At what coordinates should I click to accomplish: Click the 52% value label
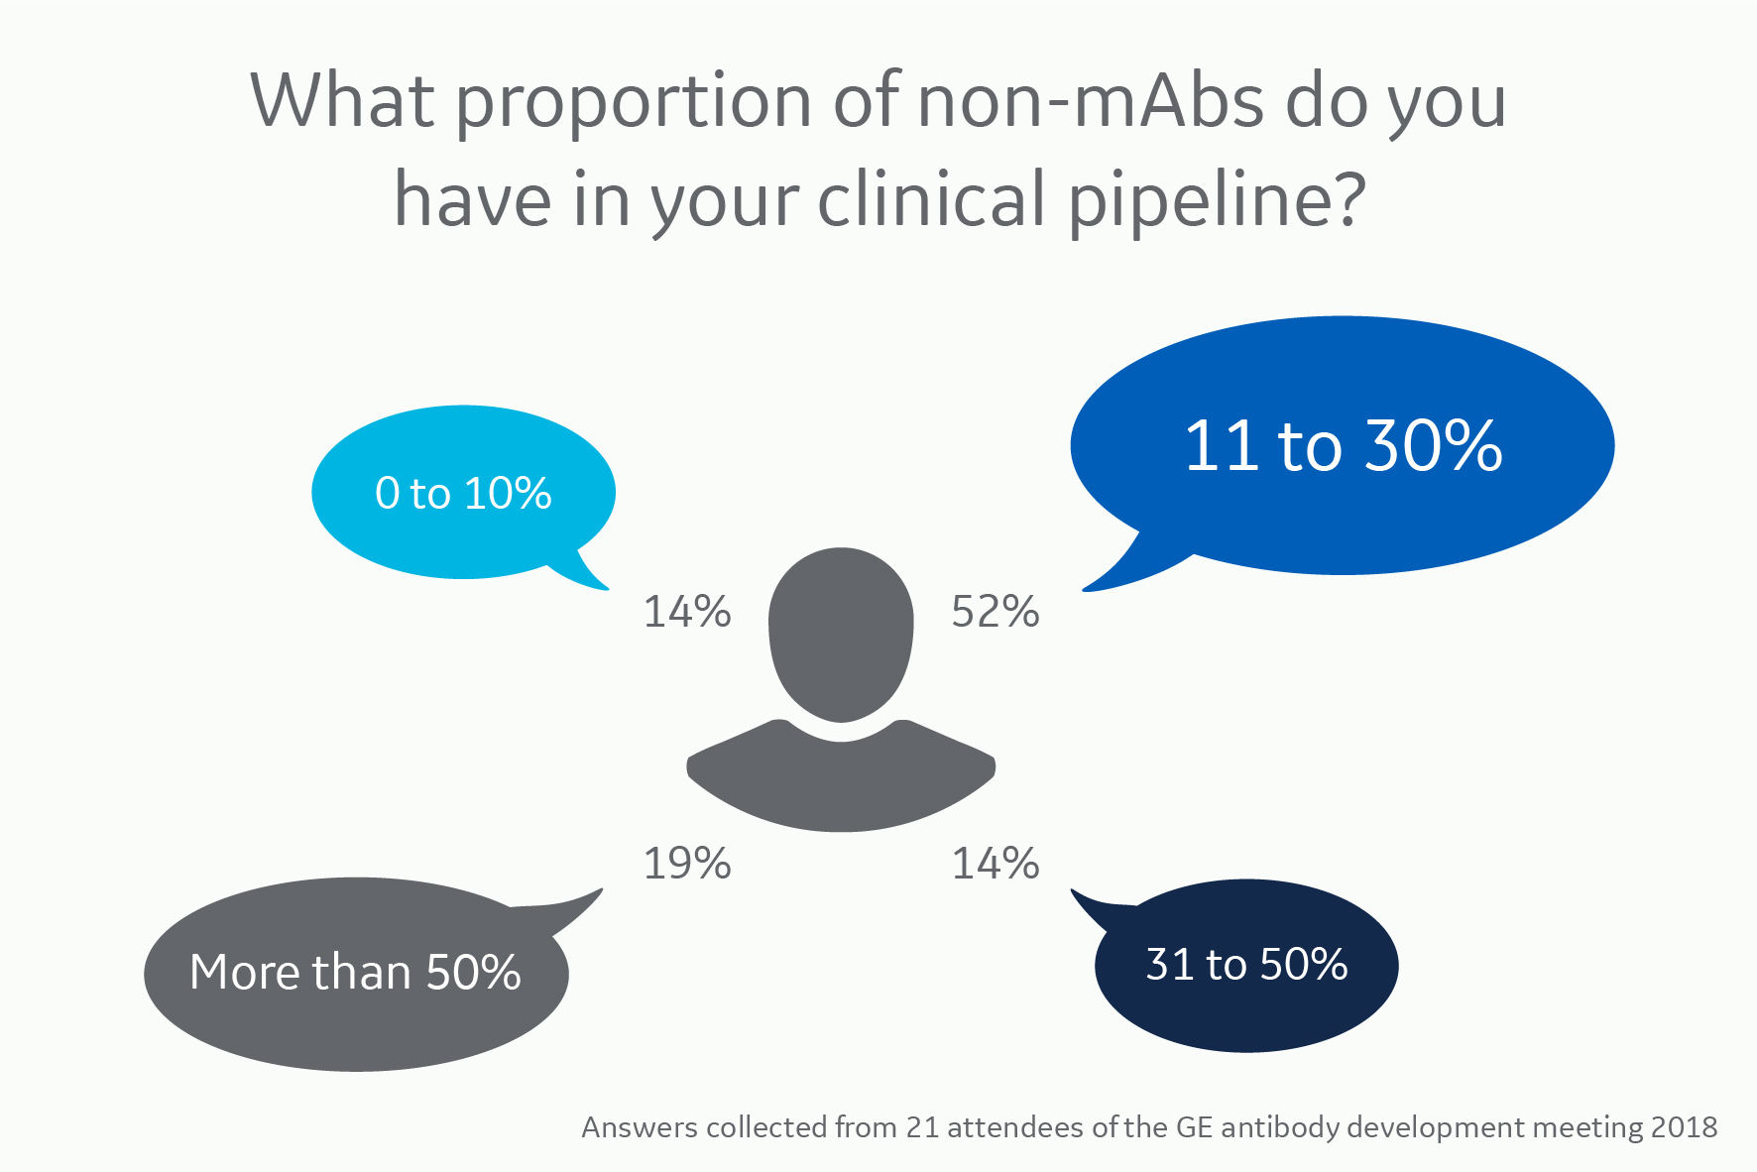pyautogui.click(x=995, y=612)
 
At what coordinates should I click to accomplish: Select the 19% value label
pyautogui.click(x=687, y=864)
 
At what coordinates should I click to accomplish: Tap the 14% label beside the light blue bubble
pyautogui.click(x=687, y=612)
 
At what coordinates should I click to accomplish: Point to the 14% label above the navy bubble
pyautogui.click(x=995, y=864)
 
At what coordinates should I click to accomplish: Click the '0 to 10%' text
pyautogui.click(x=463, y=493)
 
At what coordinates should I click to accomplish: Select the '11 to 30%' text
pyautogui.click(x=1343, y=445)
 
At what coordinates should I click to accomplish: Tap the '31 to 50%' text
pyautogui.click(x=1246, y=964)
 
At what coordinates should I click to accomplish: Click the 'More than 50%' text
pyautogui.click(x=355, y=972)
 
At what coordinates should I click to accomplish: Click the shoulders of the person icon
pyautogui.click(x=841, y=783)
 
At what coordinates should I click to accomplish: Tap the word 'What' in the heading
pyautogui.click(x=342, y=101)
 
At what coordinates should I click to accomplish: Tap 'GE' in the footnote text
pyautogui.click(x=1194, y=1127)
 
